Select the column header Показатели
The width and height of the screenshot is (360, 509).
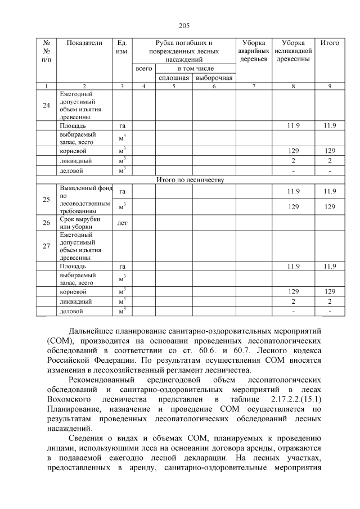coord(84,43)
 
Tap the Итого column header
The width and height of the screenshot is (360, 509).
coord(329,43)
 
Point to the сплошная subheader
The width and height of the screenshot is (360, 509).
coord(174,78)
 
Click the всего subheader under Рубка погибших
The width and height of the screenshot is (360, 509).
coord(144,68)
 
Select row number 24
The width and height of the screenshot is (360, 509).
coord(47,105)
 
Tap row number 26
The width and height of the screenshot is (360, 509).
coord(47,223)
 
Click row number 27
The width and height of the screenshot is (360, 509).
coord(47,245)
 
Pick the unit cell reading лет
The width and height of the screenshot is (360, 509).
coord(122,223)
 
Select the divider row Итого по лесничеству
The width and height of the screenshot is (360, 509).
coord(190,180)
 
